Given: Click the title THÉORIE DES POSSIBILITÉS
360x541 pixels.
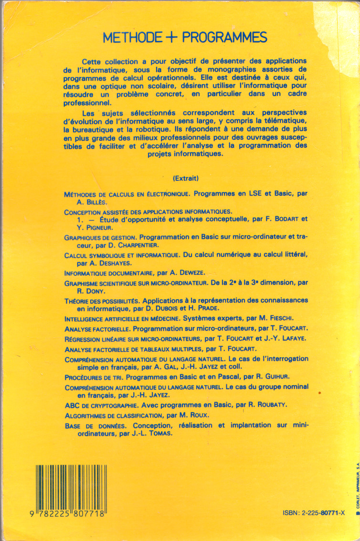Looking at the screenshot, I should (101, 301).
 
